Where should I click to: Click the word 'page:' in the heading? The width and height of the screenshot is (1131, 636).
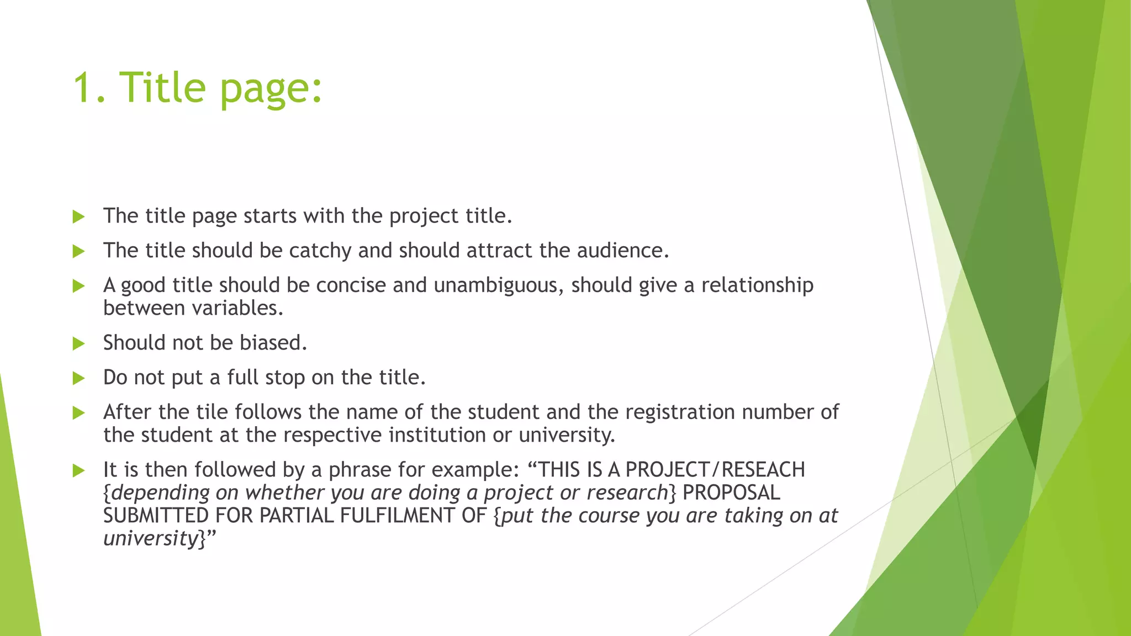click(x=271, y=88)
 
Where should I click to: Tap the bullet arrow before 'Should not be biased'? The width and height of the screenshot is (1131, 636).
click(x=78, y=344)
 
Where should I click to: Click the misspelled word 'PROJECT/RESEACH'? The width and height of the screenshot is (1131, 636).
click(x=715, y=470)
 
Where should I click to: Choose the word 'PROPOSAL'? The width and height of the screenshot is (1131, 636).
click(x=732, y=492)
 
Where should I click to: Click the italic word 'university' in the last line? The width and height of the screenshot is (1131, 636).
click(x=150, y=538)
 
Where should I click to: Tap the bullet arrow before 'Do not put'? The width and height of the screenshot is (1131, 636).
click(x=78, y=379)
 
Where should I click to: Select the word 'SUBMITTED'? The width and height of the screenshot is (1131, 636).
click(x=156, y=516)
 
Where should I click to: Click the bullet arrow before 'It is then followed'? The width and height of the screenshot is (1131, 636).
click(x=78, y=471)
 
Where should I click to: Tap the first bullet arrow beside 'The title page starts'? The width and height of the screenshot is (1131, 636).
click(x=78, y=217)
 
